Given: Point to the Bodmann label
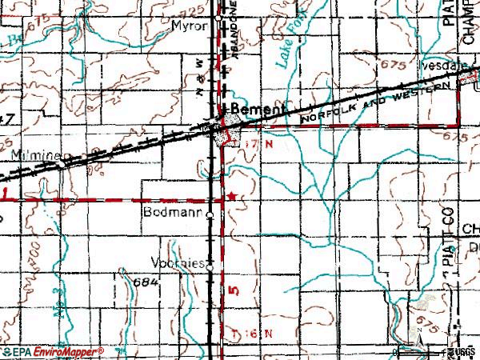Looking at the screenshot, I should [172, 214].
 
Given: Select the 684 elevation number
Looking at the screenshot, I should [147, 283].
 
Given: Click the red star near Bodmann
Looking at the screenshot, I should [232, 196].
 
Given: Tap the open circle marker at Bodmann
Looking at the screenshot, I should [210, 215].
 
